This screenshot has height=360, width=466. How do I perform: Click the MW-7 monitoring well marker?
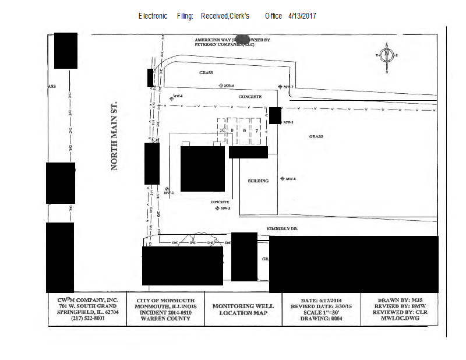click(x=280, y=86)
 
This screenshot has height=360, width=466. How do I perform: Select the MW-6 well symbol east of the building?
click(x=282, y=179)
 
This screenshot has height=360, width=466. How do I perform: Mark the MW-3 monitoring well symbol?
click(x=217, y=208)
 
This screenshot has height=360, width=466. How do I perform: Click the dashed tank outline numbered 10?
click(x=222, y=130)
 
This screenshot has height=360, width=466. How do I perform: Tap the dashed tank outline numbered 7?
click(x=257, y=130)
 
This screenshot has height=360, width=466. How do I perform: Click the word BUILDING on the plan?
click(x=258, y=181)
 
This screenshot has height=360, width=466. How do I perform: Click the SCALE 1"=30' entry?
click(x=319, y=312)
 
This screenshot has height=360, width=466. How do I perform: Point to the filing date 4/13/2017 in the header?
click(x=302, y=16)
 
